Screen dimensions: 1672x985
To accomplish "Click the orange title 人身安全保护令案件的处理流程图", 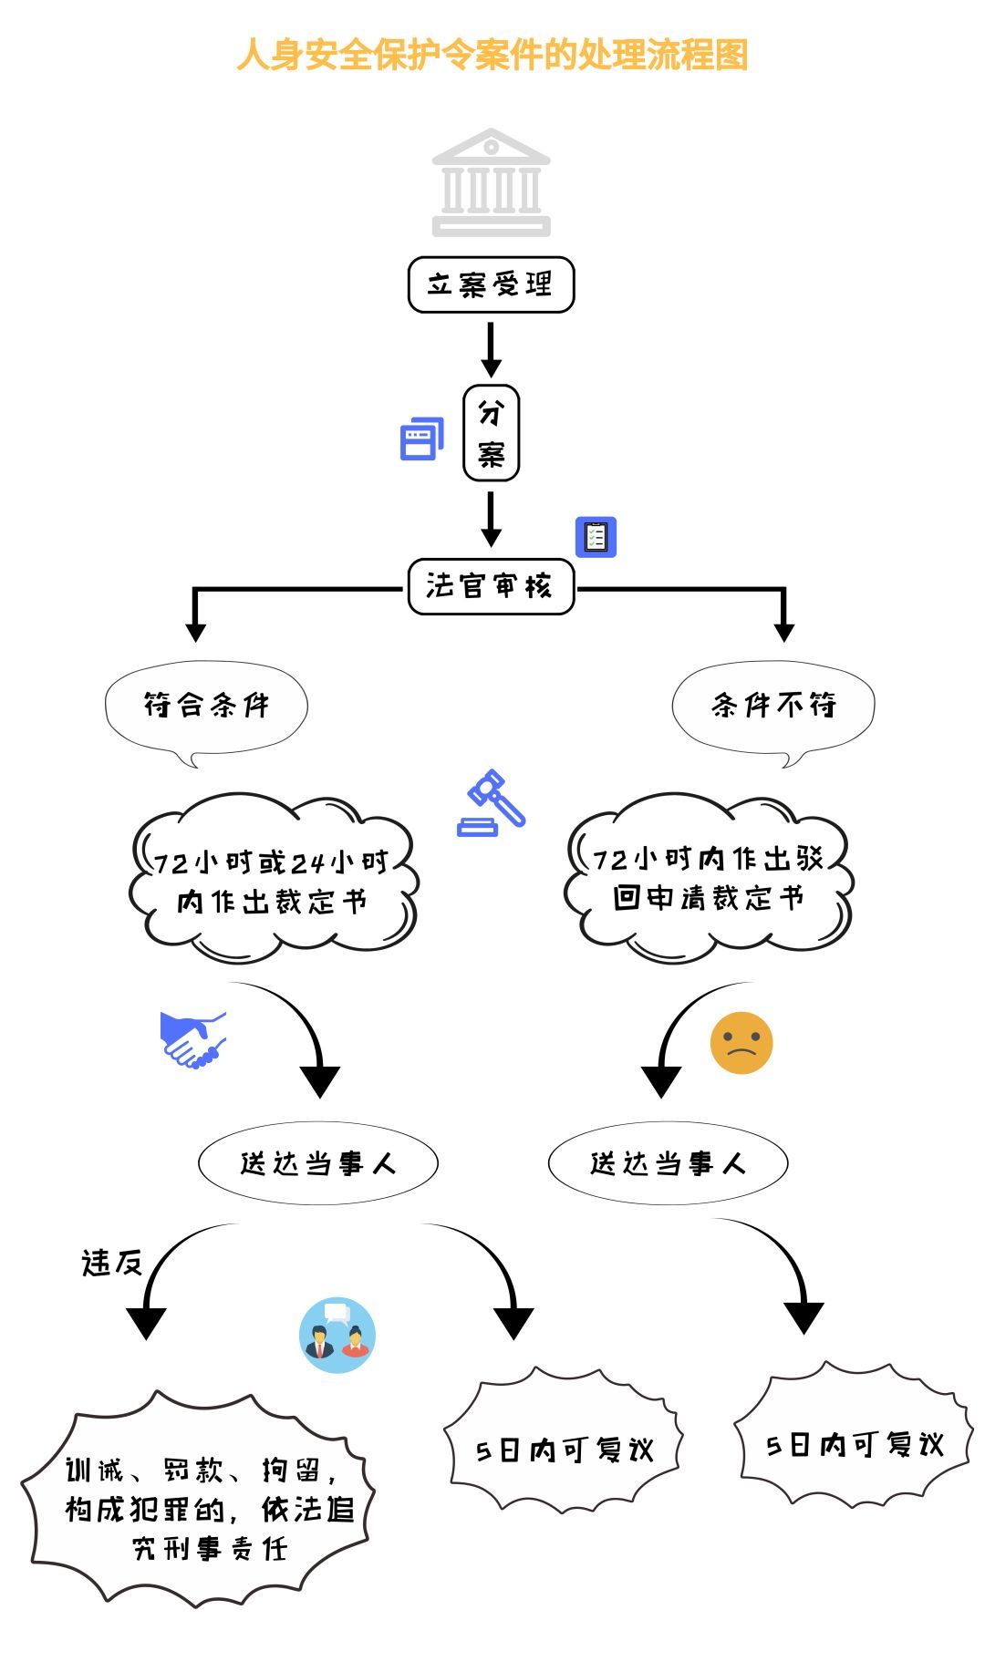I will coord(493,55).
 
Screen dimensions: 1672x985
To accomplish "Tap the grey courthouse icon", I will coord(491,182).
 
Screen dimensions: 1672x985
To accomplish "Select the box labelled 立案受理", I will coord(491,284).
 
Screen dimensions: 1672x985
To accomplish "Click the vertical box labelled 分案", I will coord(491,432).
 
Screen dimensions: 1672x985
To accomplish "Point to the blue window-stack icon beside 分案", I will coord(421,439).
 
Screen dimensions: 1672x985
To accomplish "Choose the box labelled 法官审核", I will coord(491,585).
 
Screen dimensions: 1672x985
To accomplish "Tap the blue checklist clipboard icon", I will coord(596,537).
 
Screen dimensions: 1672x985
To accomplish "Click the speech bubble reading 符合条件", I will coord(206,706).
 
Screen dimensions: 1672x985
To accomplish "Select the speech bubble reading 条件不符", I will coord(773,706).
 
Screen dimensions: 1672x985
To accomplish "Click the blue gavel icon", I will coord(492,803).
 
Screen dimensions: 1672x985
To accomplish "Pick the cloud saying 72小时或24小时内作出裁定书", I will coord(272,880).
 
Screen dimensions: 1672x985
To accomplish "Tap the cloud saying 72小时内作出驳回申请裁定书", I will coord(708,877).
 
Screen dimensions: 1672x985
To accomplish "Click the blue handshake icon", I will coord(192,1039).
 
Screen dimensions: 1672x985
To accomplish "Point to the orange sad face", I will coord(741,1042).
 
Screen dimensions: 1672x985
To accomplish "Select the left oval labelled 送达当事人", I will coord(317,1163).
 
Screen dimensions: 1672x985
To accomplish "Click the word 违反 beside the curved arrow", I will coord(112,1263).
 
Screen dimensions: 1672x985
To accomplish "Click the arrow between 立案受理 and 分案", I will coord(491,348).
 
